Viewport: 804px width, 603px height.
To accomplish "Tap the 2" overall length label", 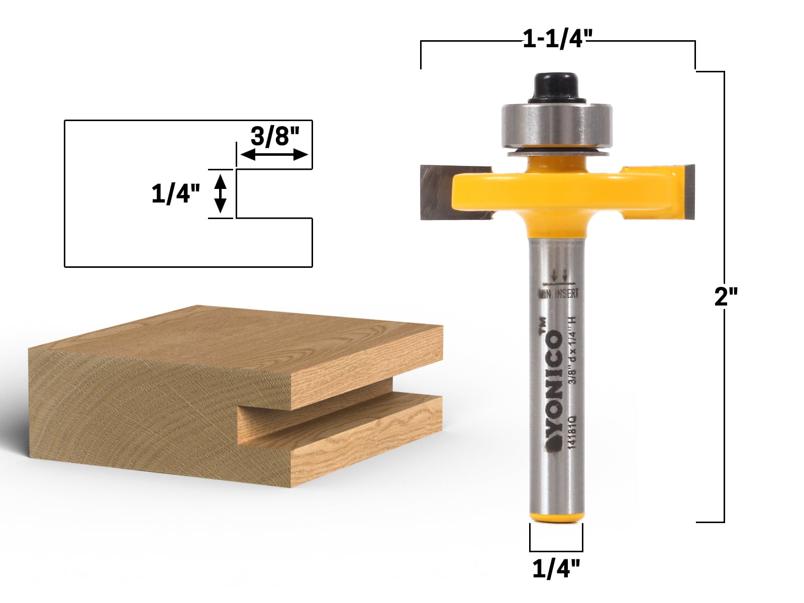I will point(725,297).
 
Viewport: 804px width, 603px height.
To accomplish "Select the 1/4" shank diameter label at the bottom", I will point(556,569).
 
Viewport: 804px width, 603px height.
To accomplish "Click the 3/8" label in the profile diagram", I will point(274,135).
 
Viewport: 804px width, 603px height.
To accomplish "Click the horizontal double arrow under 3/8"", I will point(274,155).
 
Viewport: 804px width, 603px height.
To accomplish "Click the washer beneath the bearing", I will point(557,152).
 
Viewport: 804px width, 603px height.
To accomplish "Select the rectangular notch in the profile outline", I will point(274,193).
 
